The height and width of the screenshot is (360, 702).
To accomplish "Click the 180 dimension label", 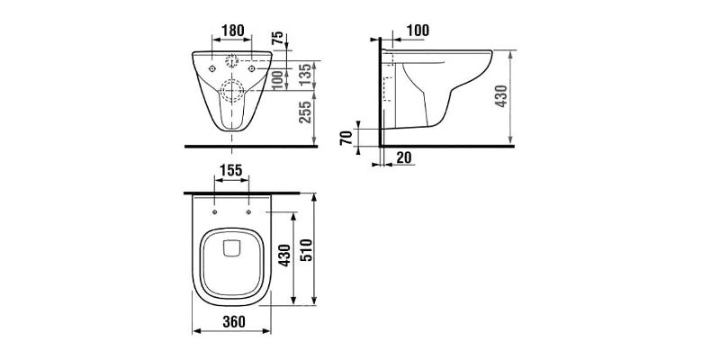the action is tap(233, 31).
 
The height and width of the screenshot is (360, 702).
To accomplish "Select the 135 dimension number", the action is tap(304, 76).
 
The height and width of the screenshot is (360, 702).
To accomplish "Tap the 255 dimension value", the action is tap(304, 112).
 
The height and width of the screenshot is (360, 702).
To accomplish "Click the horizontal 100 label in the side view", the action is tap(418, 31).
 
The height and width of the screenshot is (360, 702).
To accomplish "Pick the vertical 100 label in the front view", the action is tap(277, 79).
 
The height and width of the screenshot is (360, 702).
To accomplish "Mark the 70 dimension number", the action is tap(346, 138).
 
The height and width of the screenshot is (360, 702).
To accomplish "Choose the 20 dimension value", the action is tap(404, 157).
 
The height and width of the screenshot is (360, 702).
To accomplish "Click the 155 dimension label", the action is tap(231, 170).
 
